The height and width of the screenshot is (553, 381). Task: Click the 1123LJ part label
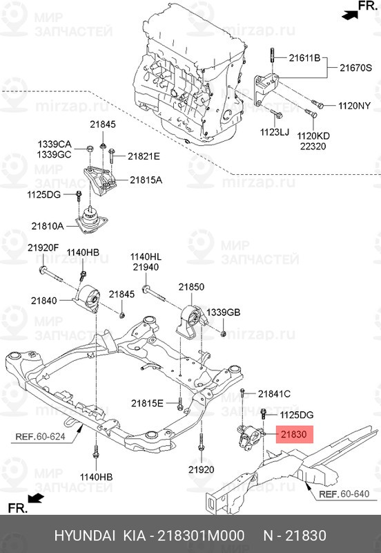coord(274,131)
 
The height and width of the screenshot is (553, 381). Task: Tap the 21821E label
coord(142,156)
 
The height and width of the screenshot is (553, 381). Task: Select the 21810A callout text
coord(47,225)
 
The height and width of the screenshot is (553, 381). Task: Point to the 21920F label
coord(43,248)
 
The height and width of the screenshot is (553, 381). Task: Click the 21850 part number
coord(191,286)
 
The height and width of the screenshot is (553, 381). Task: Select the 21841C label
coord(274,393)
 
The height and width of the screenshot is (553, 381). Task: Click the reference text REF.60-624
coord(39,437)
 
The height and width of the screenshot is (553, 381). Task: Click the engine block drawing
coord(186,69)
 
